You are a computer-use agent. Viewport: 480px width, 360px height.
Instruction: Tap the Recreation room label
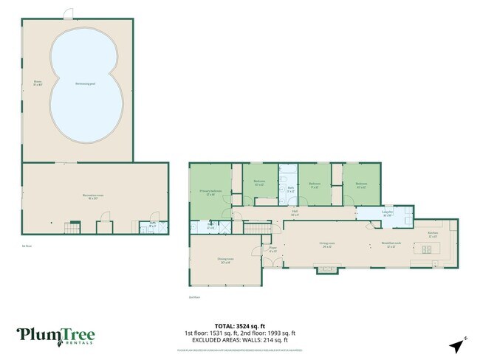click(x=92, y=196)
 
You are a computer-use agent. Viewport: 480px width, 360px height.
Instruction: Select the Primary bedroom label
click(x=210, y=192)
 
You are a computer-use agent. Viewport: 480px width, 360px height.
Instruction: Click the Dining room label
click(x=225, y=260)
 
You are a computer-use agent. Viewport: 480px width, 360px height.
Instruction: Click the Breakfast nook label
click(x=391, y=243)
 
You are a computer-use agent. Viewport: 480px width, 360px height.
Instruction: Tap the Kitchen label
click(x=433, y=234)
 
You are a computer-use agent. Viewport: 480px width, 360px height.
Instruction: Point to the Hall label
click(x=293, y=213)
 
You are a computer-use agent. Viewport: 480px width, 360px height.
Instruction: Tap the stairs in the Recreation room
click(x=72, y=226)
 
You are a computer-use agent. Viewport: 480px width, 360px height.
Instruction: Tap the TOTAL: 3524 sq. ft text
click(x=239, y=325)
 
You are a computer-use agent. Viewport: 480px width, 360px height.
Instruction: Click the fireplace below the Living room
click(x=323, y=269)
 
